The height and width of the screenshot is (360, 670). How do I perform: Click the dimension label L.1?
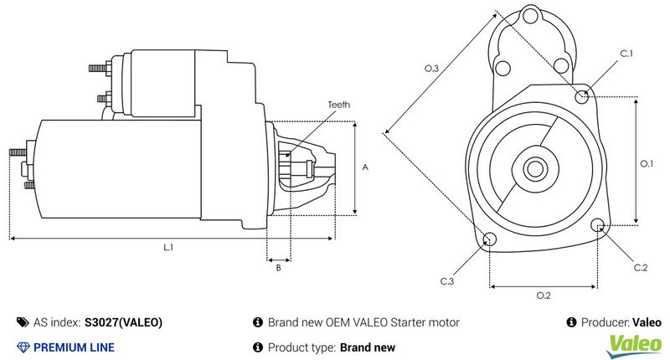(x=167, y=248)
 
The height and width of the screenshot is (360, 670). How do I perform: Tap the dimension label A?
(x=365, y=167)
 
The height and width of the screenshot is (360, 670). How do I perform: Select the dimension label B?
(x=278, y=268)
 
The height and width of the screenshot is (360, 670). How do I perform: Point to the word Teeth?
(x=339, y=105)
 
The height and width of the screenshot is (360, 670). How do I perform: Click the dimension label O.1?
(x=647, y=164)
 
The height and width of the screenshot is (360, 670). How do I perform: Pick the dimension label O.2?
(x=543, y=296)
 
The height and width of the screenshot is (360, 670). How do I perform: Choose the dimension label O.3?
(x=431, y=68)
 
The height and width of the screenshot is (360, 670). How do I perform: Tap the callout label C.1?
(x=626, y=54)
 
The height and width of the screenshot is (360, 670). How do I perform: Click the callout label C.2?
(x=641, y=267)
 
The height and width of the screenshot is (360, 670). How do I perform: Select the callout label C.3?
(x=447, y=281)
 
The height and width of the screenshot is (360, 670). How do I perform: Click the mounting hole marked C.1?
(x=583, y=96)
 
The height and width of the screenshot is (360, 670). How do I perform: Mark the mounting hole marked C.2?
(x=598, y=225)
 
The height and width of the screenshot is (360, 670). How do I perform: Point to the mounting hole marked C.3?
(x=490, y=241)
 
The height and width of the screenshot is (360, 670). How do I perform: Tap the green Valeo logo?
(x=634, y=342)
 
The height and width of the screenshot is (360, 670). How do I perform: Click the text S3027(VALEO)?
(x=124, y=322)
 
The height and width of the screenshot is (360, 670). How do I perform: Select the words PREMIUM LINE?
(x=74, y=347)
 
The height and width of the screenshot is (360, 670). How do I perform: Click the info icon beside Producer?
(x=571, y=322)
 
